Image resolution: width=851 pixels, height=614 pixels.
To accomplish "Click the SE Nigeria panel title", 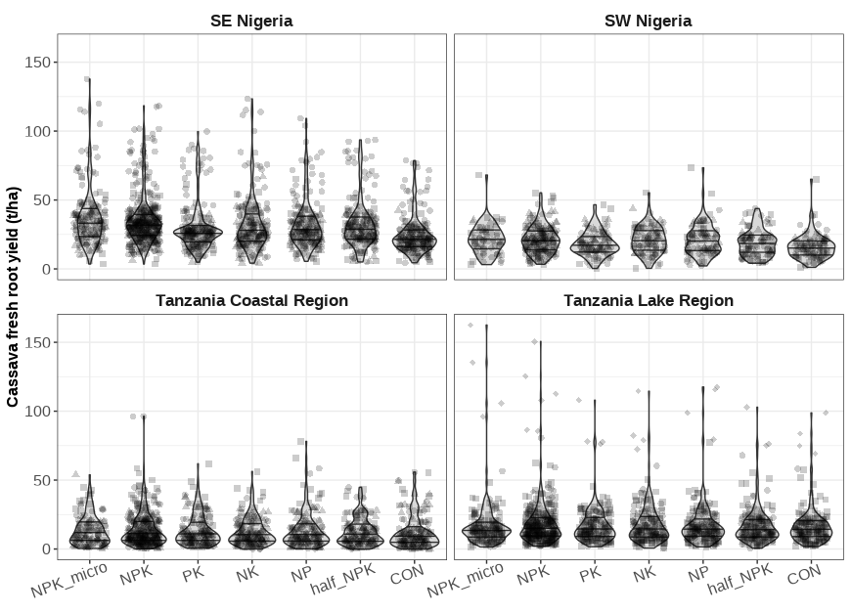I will (x=251, y=21).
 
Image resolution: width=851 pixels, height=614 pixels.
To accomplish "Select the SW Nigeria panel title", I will (x=649, y=21).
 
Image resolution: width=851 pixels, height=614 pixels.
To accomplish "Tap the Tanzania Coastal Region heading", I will (x=251, y=300).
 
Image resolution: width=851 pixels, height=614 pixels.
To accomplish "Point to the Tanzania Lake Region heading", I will (x=649, y=300).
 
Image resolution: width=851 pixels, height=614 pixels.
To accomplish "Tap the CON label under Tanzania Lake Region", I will (x=803, y=575).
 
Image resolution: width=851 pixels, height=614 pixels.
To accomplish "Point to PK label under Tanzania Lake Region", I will (x=590, y=574).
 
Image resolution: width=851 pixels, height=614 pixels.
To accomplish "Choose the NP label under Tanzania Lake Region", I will (x=696, y=574).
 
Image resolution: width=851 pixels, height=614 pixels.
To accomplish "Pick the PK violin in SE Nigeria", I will (x=198, y=233).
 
